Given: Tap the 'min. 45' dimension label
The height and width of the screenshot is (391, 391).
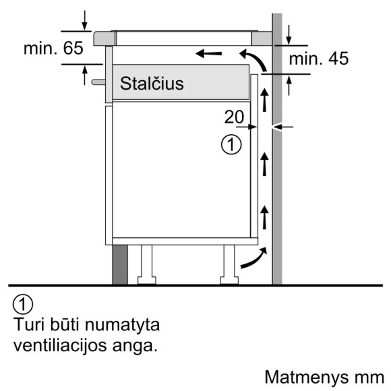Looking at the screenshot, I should [319, 59].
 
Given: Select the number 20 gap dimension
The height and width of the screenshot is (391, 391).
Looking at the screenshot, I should [233, 117].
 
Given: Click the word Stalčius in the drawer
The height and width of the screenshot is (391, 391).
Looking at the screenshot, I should [152, 84].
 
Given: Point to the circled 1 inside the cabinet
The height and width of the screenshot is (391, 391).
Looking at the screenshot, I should [231, 144].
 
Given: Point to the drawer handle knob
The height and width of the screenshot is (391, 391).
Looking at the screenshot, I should [96, 82].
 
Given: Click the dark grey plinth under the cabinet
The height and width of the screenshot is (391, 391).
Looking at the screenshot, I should [119, 264].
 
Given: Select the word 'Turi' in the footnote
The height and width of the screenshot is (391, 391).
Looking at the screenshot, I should [28, 325].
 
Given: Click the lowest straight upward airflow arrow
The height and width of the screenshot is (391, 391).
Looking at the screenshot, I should [264, 216].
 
